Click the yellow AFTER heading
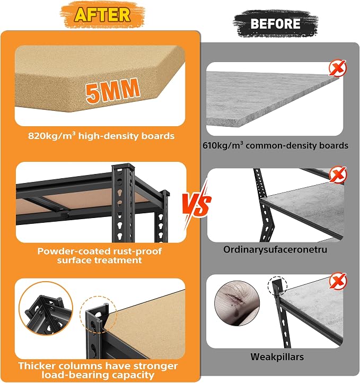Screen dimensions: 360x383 [102, 15]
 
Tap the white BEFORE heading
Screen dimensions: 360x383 [275, 24]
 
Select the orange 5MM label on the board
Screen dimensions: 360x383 [113, 91]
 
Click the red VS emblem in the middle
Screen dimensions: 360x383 [197, 205]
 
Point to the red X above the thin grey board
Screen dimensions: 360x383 [338, 68]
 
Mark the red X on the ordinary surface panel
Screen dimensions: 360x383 [338, 175]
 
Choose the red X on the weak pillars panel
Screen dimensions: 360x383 [338, 281]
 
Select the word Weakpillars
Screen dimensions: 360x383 [277, 356]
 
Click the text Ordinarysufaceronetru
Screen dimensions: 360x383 [275, 249]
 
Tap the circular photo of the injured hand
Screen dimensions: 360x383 [237, 303]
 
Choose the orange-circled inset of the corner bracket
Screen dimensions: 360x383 [46, 308]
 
